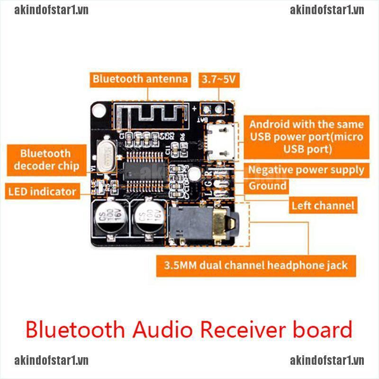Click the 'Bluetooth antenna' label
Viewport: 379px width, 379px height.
(140, 79)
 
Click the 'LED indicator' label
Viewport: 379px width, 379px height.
(42, 191)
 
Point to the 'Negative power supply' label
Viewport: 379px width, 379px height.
(306, 170)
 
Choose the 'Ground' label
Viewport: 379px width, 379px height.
(268, 186)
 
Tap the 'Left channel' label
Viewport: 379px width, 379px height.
(323, 205)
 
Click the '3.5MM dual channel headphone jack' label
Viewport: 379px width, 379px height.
(256, 265)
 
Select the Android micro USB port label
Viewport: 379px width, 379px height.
(306, 137)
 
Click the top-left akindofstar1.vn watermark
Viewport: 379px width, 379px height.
(51, 10)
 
